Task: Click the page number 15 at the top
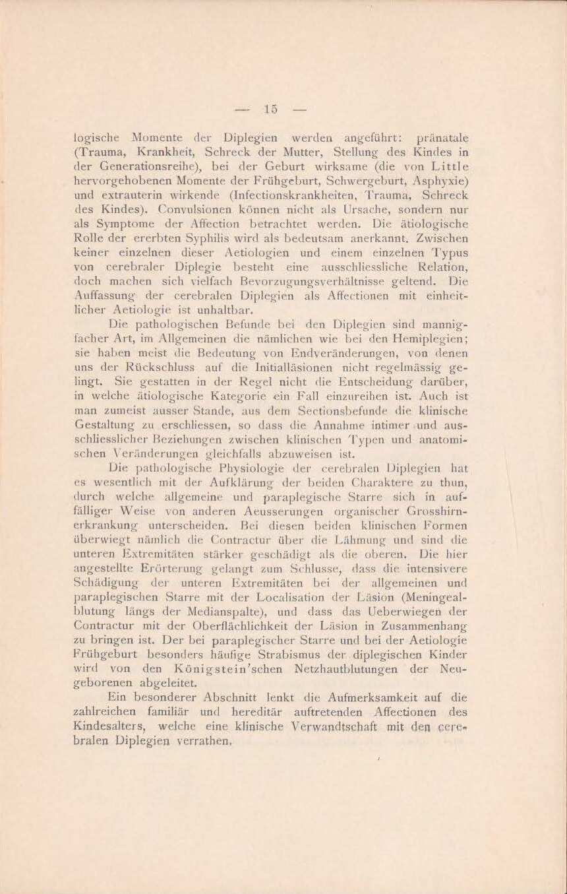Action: click(x=269, y=110)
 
